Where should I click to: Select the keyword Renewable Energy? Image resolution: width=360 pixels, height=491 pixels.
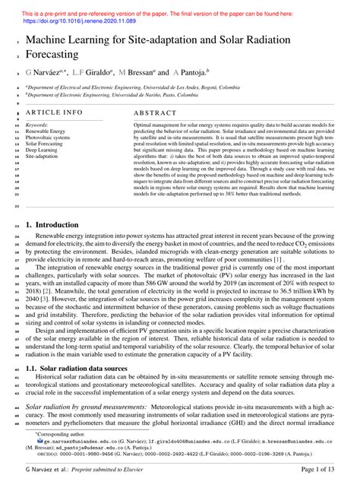(46, 131)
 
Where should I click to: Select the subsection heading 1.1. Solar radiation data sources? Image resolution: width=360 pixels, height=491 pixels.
(81, 347)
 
